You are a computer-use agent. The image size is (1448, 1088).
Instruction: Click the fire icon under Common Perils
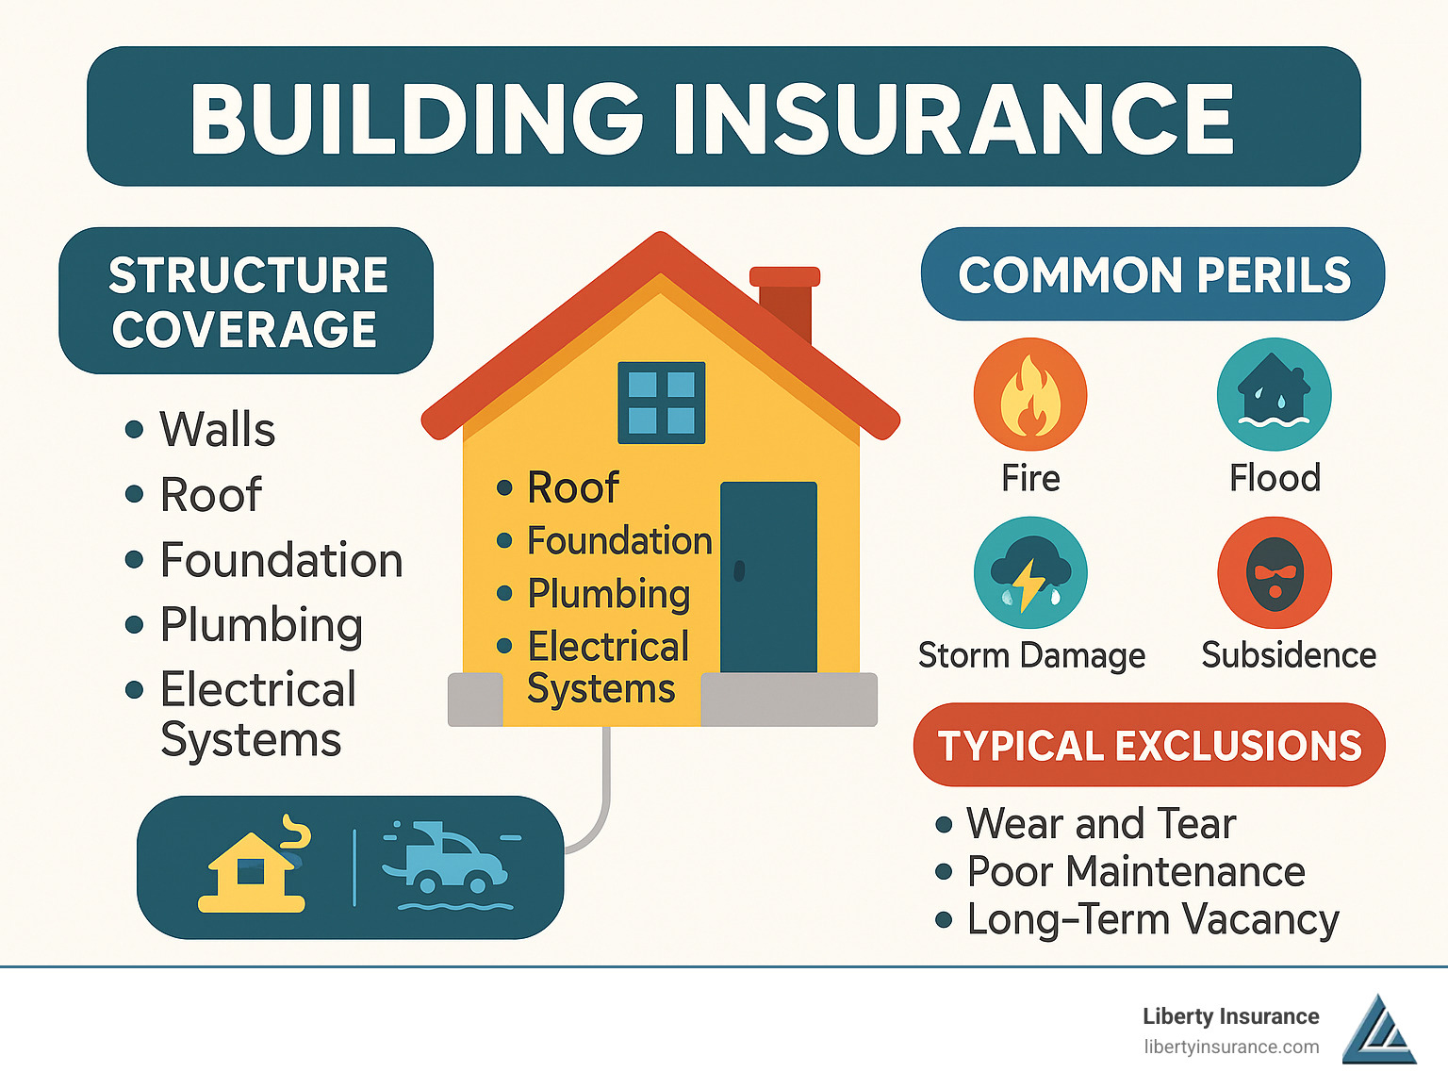1029,394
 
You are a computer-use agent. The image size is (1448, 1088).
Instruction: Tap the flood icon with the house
1274,394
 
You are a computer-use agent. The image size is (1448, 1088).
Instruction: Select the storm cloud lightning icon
1029,572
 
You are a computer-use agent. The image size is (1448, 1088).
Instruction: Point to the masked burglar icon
1274,572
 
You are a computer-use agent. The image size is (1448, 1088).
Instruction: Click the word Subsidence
1289,654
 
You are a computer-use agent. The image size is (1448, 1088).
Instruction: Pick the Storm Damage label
1031,654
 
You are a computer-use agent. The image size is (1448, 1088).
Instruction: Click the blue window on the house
661,403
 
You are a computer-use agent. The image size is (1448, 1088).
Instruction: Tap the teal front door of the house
768,576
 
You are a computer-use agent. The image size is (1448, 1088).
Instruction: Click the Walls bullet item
217,430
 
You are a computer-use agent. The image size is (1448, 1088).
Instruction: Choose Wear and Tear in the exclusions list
1101,823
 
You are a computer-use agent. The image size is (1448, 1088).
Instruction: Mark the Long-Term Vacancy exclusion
1152,919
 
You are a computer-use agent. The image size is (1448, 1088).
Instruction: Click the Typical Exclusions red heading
1149,745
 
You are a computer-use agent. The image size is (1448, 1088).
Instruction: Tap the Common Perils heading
1153,274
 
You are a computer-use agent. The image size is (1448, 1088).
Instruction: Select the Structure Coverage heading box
246,301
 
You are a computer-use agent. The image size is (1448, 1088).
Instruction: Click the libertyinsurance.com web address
1231,1047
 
